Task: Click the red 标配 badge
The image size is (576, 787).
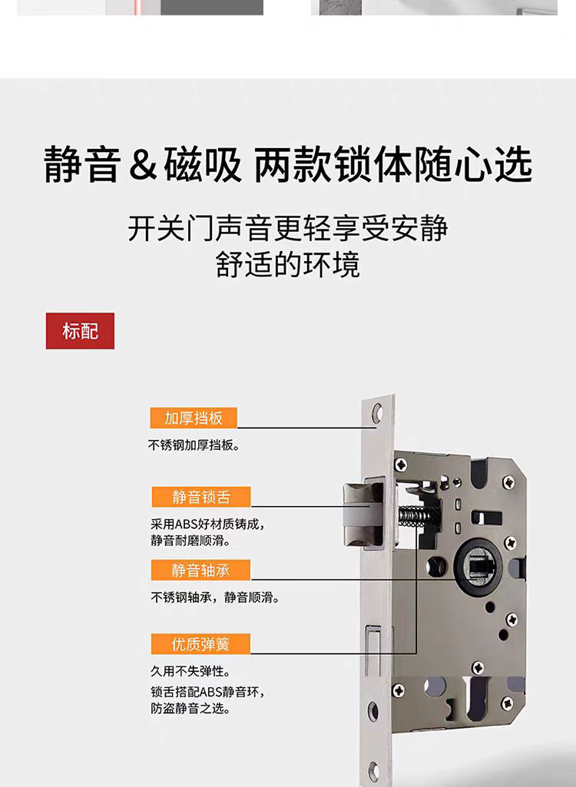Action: (x=80, y=331)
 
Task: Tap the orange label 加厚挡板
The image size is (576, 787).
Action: (x=194, y=418)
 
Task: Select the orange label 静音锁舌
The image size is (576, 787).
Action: (x=200, y=497)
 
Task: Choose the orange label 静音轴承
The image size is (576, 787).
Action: (x=200, y=570)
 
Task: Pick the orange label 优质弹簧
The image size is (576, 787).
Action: (x=200, y=643)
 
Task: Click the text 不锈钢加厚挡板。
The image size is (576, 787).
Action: (x=194, y=445)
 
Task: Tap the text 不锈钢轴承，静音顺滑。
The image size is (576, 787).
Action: (x=214, y=597)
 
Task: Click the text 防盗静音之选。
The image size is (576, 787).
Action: (x=190, y=709)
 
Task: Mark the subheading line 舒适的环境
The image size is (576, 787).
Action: (x=287, y=265)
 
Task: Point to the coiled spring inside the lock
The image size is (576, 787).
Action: (x=415, y=515)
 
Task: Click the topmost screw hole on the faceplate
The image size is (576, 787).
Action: (x=377, y=415)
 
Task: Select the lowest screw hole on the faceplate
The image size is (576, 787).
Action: (x=374, y=770)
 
